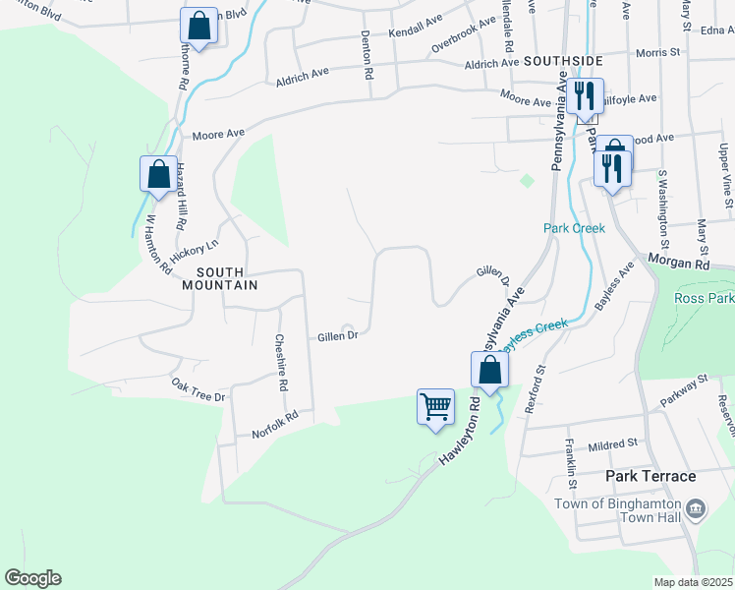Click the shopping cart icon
435,406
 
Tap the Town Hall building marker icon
696,508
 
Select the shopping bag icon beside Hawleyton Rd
489,371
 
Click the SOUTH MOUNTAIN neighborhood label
219,278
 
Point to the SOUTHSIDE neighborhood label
563,61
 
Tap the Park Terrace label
650,476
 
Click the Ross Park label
704,298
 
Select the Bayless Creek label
534,334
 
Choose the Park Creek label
575,228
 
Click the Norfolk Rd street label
274,423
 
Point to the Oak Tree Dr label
198,389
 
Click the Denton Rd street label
367,55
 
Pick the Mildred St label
613,445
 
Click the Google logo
32,578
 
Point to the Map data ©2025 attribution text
692,582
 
